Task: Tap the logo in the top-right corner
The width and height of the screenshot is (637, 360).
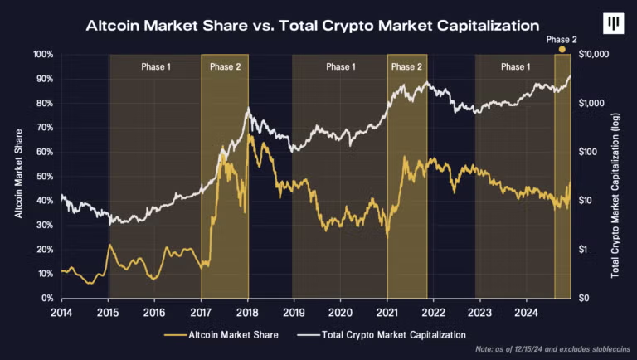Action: tap(613, 24)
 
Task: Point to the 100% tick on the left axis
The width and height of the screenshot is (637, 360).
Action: tap(43, 55)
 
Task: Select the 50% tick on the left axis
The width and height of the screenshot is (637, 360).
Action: tap(45, 177)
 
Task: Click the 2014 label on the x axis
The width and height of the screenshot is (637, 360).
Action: tap(61, 313)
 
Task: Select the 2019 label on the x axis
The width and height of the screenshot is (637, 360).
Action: tap(294, 313)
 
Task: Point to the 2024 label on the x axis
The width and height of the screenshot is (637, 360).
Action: tap(527, 313)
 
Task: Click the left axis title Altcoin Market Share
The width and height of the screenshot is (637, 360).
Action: tap(17, 176)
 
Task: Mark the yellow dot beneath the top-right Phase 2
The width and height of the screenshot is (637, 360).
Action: tap(562, 50)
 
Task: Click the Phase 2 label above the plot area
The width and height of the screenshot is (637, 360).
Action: tap(562, 38)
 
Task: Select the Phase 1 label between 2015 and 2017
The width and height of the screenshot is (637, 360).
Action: tap(156, 66)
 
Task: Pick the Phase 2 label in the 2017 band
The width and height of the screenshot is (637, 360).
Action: tap(225, 66)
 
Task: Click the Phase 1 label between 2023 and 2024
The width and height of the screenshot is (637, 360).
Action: tap(515, 66)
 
